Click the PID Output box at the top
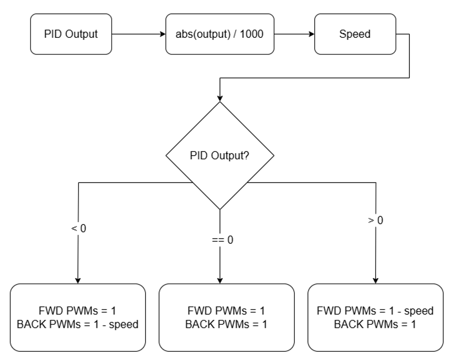(71, 35)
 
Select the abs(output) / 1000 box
(220, 35)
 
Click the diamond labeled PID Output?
(220, 156)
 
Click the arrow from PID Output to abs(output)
(138, 35)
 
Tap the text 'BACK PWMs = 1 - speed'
(78, 325)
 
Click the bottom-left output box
(78, 317)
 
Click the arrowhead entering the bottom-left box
(78, 280)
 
